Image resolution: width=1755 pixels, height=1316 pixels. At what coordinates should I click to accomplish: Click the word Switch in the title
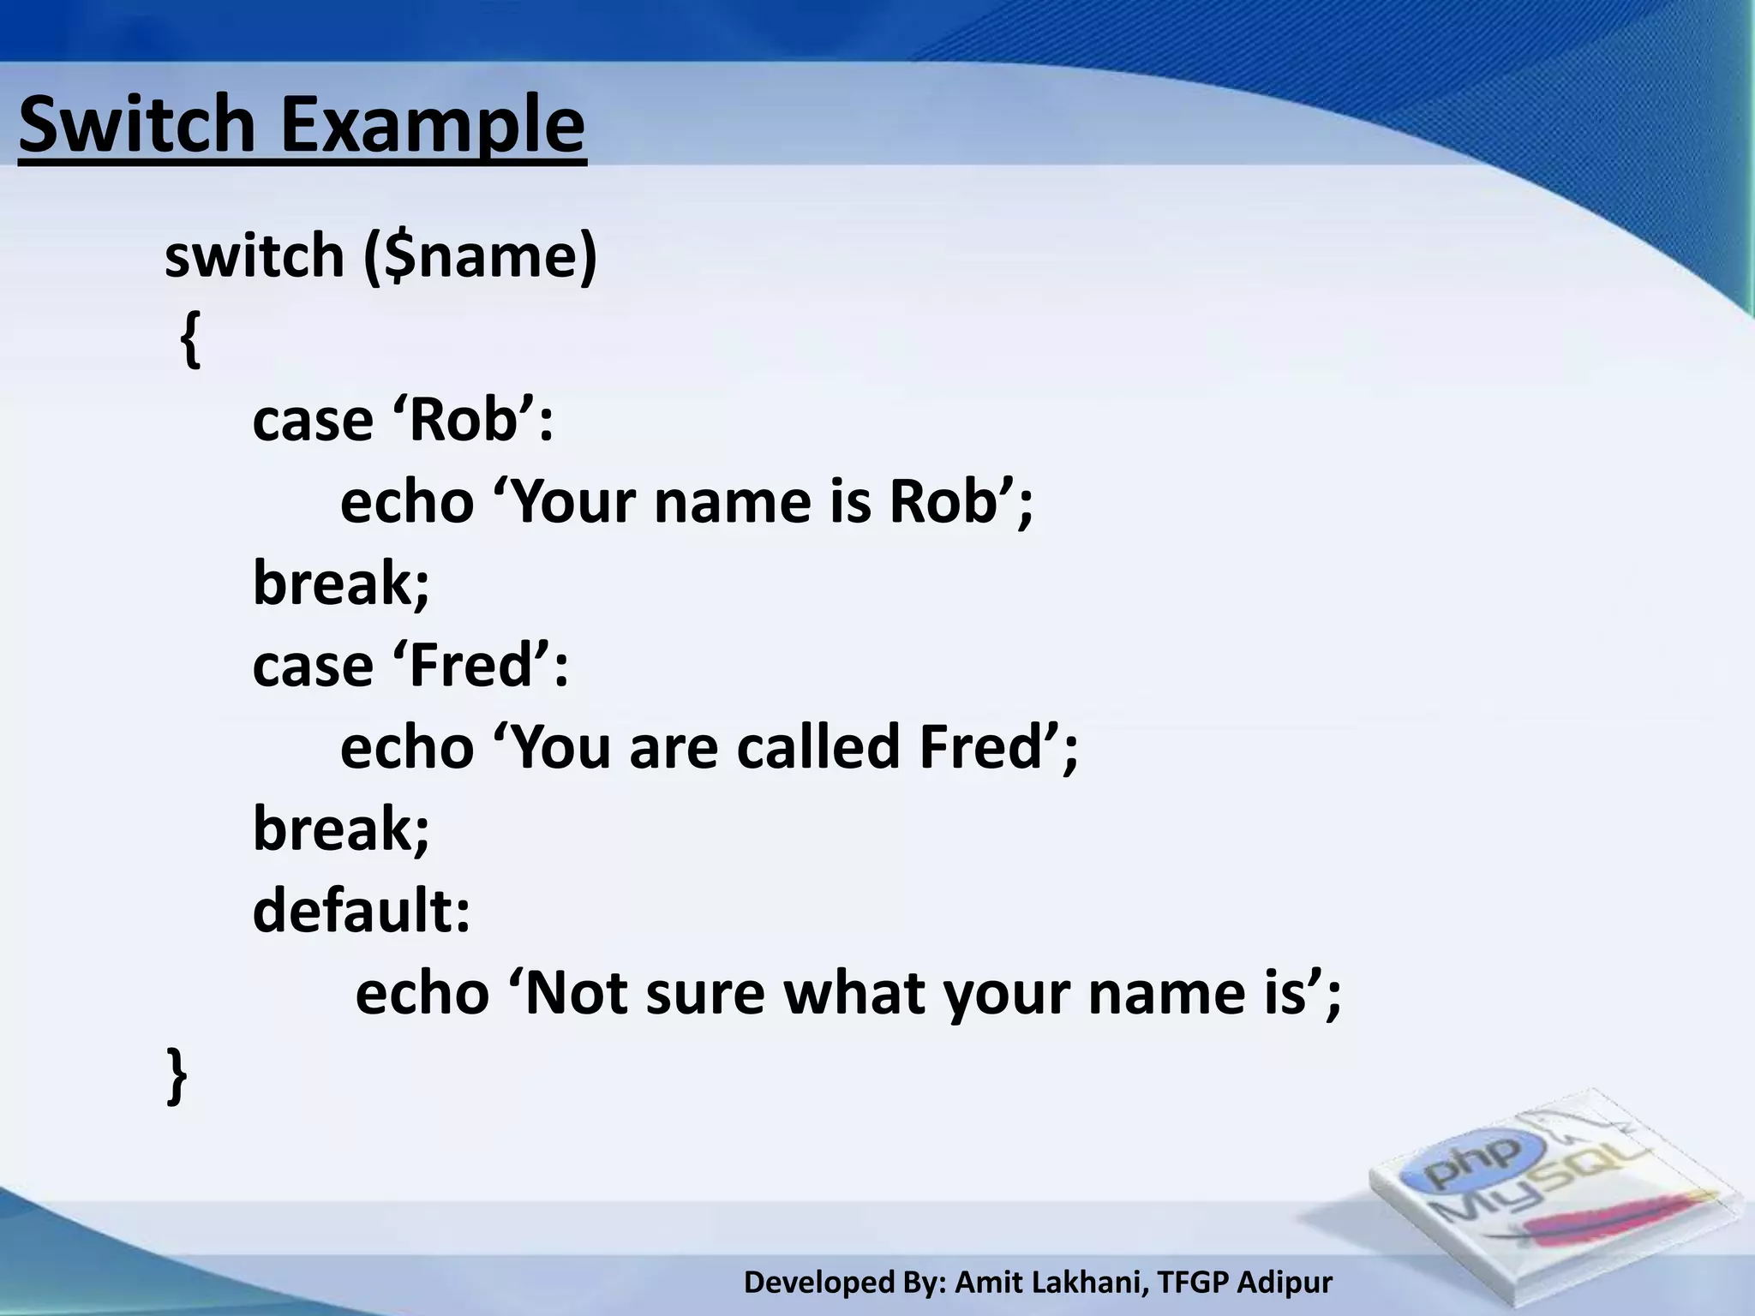click(x=137, y=126)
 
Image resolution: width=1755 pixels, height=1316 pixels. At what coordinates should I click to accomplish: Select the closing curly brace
click(x=176, y=1074)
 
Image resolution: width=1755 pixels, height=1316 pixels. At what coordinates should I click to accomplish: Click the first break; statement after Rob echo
click(x=341, y=583)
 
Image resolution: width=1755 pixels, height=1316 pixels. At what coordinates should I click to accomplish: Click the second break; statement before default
click(x=341, y=829)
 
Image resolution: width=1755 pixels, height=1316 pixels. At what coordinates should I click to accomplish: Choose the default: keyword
click(x=361, y=910)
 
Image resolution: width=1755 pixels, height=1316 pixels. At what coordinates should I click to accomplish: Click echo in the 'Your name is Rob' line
click(x=407, y=502)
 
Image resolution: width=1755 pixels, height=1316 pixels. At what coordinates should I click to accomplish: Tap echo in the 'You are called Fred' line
click(x=407, y=747)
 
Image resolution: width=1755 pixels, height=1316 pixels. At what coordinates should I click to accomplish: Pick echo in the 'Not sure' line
click(x=422, y=994)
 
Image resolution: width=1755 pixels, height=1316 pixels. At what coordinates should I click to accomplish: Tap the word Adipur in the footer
click(x=1285, y=1283)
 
